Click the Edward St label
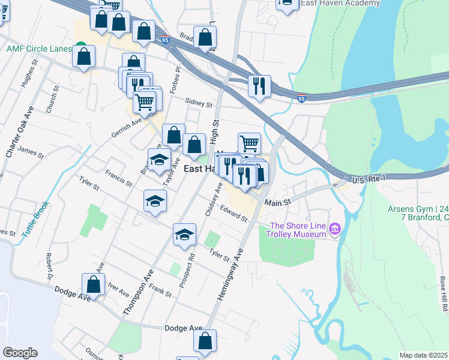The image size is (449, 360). [x=234, y=214]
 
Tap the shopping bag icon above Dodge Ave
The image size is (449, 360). [x=93, y=284]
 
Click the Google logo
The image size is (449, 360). [x=20, y=353]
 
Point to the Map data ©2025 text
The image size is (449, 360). [x=423, y=355]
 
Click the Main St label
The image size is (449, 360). [x=277, y=203]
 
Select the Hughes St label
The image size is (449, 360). [x=26, y=76]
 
